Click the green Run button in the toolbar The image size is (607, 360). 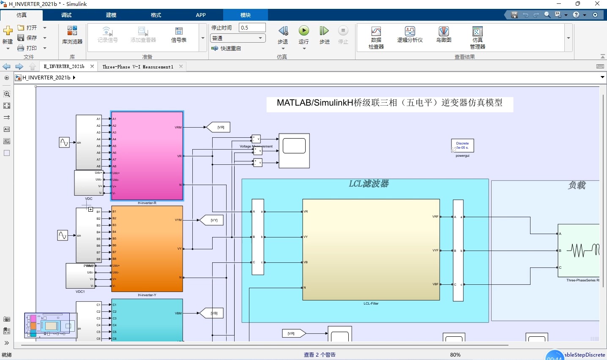point(303,31)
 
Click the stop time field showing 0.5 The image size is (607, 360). point(252,27)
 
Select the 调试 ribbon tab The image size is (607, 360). point(66,15)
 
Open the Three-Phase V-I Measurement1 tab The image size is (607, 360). point(138,67)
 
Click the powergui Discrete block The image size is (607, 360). point(462,146)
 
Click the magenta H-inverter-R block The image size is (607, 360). point(147,155)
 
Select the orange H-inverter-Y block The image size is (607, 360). point(147,248)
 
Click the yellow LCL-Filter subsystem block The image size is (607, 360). point(371,249)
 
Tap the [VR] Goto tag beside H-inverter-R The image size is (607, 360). point(219,127)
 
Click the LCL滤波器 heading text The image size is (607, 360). point(369,184)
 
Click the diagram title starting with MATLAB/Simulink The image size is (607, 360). point(389,103)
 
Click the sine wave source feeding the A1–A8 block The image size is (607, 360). point(64,142)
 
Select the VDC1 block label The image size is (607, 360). point(80,292)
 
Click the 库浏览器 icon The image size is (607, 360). point(72,35)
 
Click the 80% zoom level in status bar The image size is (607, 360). point(455,355)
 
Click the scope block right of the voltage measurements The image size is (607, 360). point(294,151)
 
